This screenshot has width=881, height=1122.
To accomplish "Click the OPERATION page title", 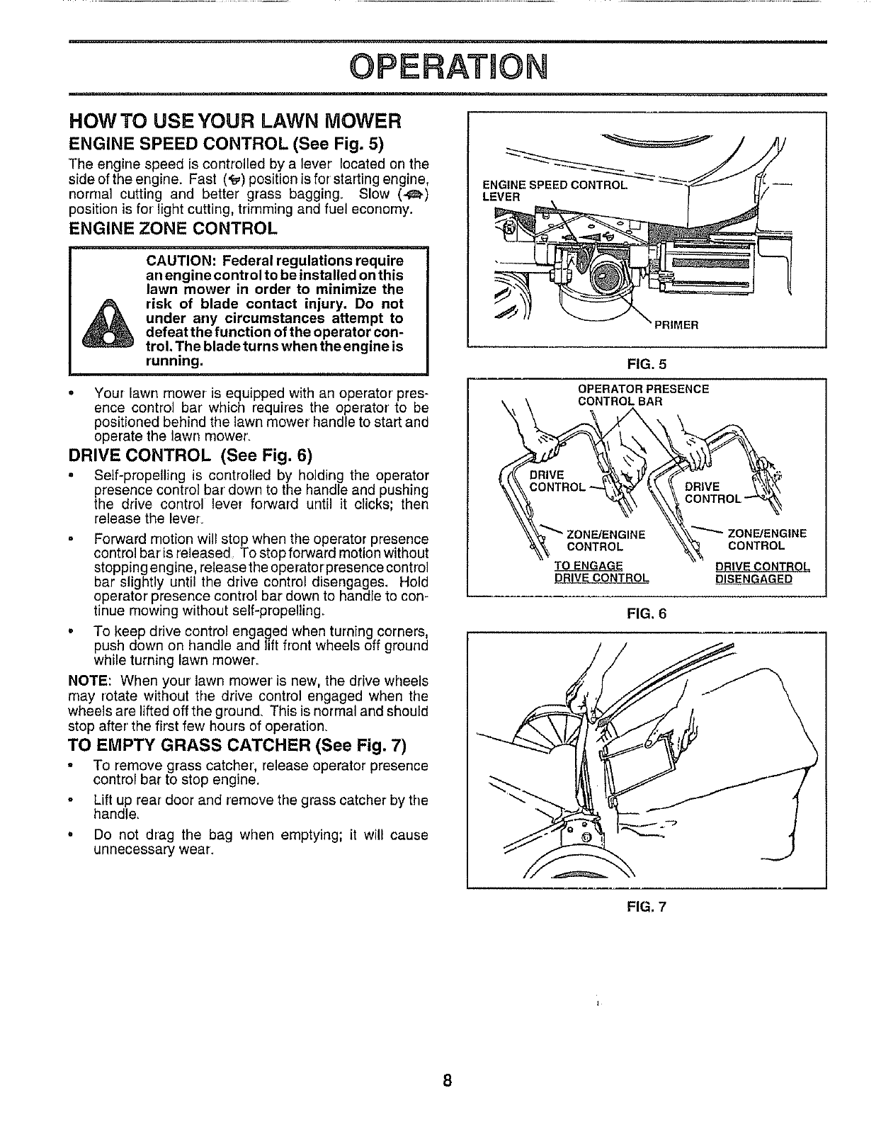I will (440, 67).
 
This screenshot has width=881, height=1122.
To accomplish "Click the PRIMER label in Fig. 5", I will (676, 326).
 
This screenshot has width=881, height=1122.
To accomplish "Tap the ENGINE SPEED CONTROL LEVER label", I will (552, 191).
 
